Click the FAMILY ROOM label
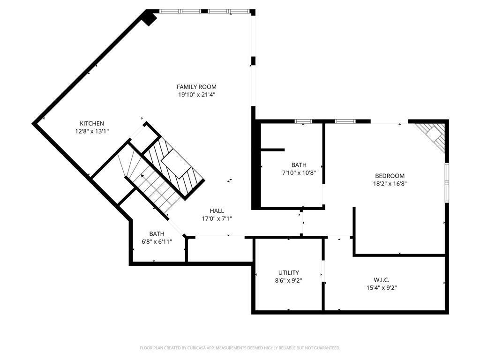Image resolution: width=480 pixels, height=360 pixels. [196, 87]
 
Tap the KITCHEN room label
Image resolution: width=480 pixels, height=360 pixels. [92, 124]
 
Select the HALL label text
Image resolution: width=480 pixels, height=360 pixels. [217, 211]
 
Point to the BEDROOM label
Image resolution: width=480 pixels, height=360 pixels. [390, 176]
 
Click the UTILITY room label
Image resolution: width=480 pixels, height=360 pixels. [289, 273]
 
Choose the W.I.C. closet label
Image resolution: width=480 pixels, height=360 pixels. [382, 280]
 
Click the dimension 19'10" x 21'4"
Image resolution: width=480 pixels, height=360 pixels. [197, 95]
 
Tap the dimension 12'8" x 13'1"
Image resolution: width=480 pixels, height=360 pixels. [92, 132]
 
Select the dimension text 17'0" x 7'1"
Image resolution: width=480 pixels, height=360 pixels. [217, 219]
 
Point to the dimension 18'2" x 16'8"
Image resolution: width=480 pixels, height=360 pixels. [390, 184]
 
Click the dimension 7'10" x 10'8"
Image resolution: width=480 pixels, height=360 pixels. [299, 173]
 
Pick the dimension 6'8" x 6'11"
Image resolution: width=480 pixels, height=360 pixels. [157, 242]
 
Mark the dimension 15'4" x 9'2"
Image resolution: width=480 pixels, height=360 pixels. [382, 288]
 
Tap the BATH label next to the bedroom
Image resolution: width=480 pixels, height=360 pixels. [299, 165]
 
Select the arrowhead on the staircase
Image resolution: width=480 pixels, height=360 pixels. [142, 176]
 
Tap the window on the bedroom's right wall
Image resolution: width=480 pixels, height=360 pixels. [447, 183]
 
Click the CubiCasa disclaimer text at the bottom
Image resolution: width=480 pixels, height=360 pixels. [240, 348]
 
